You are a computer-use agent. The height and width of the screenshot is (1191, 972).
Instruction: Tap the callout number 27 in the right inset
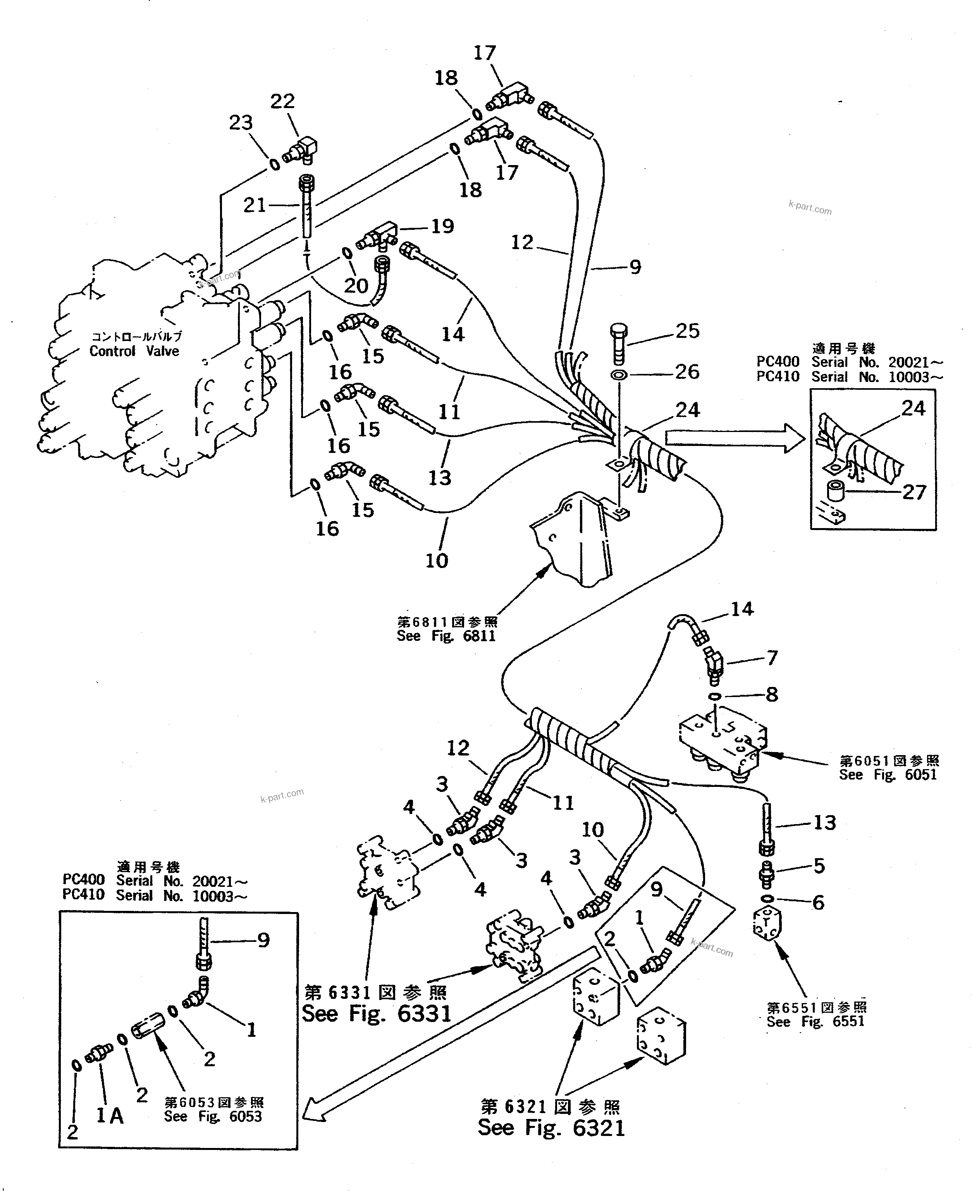[x=914, y=492]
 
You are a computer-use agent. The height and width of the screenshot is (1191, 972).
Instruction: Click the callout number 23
[x=241, y=123]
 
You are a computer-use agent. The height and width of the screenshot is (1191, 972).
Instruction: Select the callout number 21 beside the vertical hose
[x=255, y=205]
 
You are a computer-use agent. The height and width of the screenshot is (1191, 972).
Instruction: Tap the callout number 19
[x=442, y=226]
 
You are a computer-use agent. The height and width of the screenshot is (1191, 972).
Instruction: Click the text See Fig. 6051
[x=888, y=774]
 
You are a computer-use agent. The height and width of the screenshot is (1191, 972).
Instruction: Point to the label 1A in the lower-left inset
[x=110, y=1116]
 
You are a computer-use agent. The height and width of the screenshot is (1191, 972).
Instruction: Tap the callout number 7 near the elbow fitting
[x=772, y=657]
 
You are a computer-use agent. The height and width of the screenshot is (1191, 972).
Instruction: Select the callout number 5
[x=819, y=866]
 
